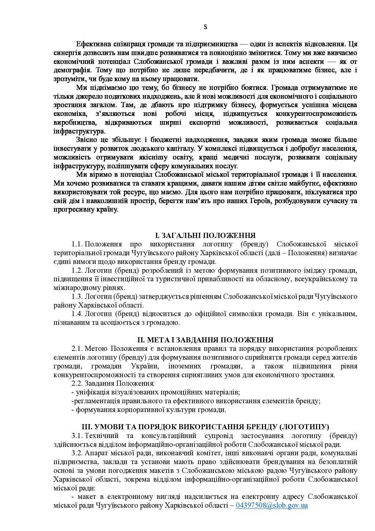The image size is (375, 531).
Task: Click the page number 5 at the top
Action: tap(206, 27)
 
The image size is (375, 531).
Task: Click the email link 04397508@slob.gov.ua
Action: tap(272, 505)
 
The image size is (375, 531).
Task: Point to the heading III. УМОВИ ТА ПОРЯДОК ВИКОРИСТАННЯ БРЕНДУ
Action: tap(205, 427)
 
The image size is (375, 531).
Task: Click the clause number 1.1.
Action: tap(77, 244)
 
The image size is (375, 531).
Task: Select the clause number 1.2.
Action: tap(77, 270)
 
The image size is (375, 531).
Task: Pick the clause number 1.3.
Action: tap(77, 296)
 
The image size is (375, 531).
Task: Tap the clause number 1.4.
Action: tap(77, 314)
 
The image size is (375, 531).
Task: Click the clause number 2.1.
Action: tap(77, 348)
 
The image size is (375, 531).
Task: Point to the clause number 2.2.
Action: tap(77, 384)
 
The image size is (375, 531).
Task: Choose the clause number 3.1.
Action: tap(77, 436)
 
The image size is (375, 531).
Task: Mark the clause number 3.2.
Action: tap(77, 453)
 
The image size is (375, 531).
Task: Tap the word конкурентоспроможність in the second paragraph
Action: tap(316, 114)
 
